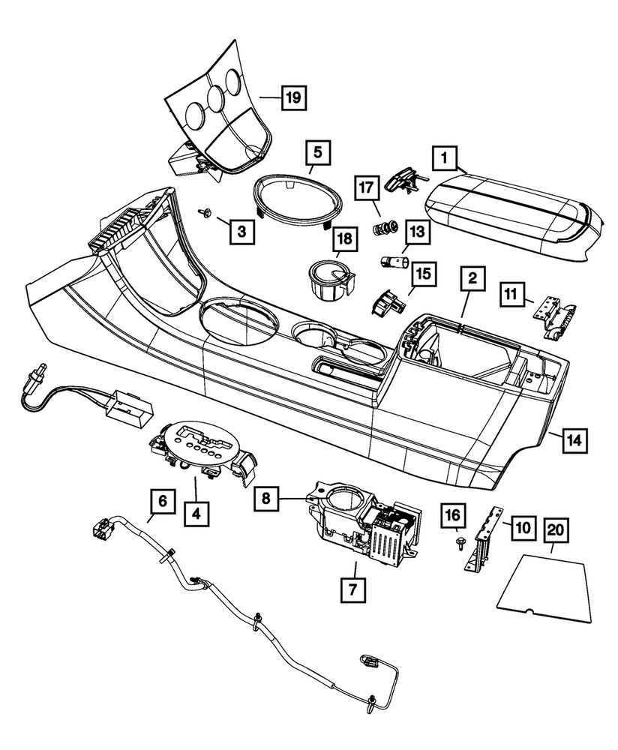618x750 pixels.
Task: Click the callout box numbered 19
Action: click(294, 97)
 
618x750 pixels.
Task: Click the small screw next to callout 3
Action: click(204, 214)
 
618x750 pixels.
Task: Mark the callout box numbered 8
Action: click(266, 497)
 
